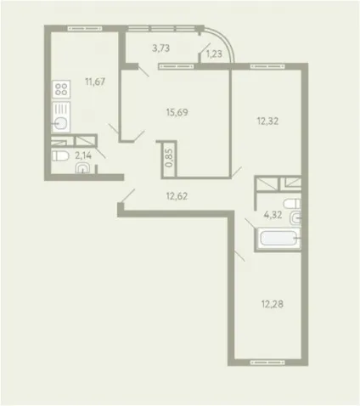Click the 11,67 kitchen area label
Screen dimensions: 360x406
(x=95, y=82)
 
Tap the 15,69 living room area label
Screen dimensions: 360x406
(x=177, y=112)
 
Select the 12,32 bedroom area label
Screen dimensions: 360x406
(x=267, y=121)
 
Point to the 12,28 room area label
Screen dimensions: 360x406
(x=273, y=304)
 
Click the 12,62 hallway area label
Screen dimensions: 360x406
(x=177, y=196)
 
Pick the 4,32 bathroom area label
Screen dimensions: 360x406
(x=273, y=215)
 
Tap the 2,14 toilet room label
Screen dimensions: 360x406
(x=83, y=155)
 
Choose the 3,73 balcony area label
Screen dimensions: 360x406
(x=160, y=48)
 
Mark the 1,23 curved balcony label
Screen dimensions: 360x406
(x=214, y=54)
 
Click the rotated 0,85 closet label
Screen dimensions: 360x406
(x=169, y=158)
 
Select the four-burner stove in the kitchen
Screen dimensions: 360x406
(x=61, y=89)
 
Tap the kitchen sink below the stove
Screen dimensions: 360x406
(x=61, y=117)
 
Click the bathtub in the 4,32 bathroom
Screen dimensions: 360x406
(x=278, y=239)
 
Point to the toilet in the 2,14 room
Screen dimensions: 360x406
(x=60, y=156)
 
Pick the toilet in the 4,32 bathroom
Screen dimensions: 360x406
(x=292, y=204)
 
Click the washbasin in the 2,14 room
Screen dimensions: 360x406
(x=82, y=168)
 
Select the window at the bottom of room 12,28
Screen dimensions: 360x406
(x=267, y=363)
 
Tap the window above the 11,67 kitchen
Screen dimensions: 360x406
(x=85, y=28)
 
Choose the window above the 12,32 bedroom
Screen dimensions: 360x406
(x=267, y=67)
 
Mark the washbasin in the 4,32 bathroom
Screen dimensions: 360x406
(x=295, y=218)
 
